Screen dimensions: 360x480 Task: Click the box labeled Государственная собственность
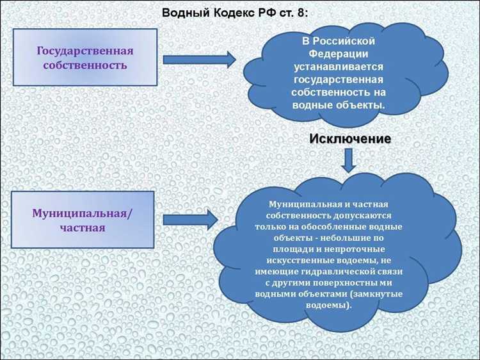pos(85,58)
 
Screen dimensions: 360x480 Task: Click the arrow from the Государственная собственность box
pos(199,60)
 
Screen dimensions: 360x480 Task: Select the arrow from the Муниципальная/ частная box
pos(190,220)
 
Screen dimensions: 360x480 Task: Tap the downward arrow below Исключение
pos(348,160)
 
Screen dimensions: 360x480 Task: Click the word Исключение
pos(350,138)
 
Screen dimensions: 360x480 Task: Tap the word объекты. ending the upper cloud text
pos(362,104)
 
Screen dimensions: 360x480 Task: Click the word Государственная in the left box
pos(85,51)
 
